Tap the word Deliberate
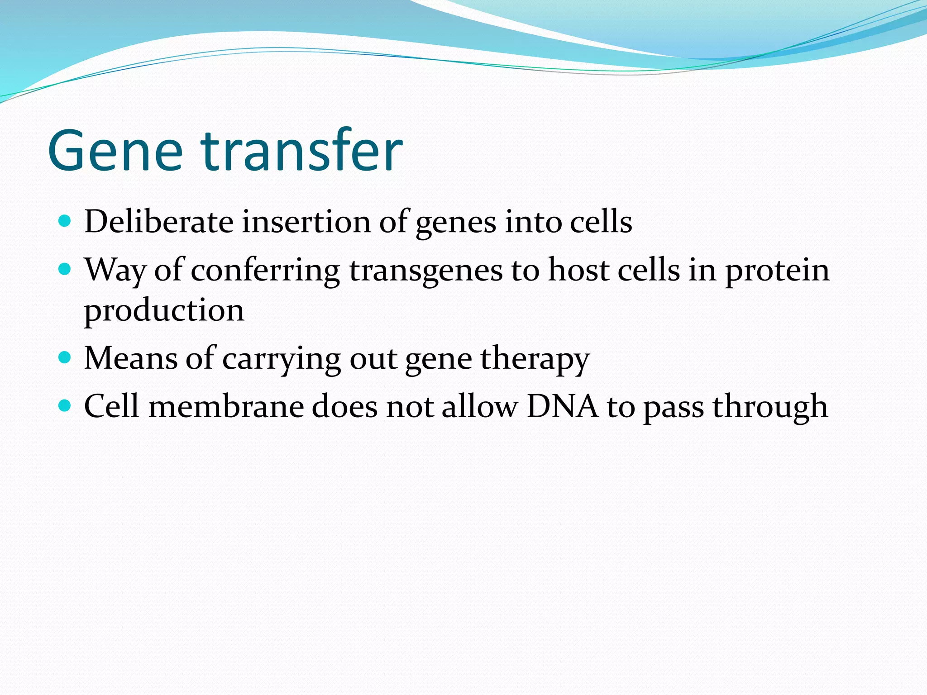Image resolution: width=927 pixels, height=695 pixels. pos(159,222)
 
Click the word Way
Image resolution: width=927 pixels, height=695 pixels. pos(115,271)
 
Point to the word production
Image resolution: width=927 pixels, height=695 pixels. pos(164,311)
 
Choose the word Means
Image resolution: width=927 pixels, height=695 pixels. pos(131,358)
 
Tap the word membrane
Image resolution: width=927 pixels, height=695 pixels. pos(226,406)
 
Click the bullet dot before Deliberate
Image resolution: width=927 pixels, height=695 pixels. pos(65,221)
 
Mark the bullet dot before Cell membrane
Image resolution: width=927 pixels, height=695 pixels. pos(65,405)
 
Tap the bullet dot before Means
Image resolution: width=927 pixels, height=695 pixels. pos(65,357)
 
